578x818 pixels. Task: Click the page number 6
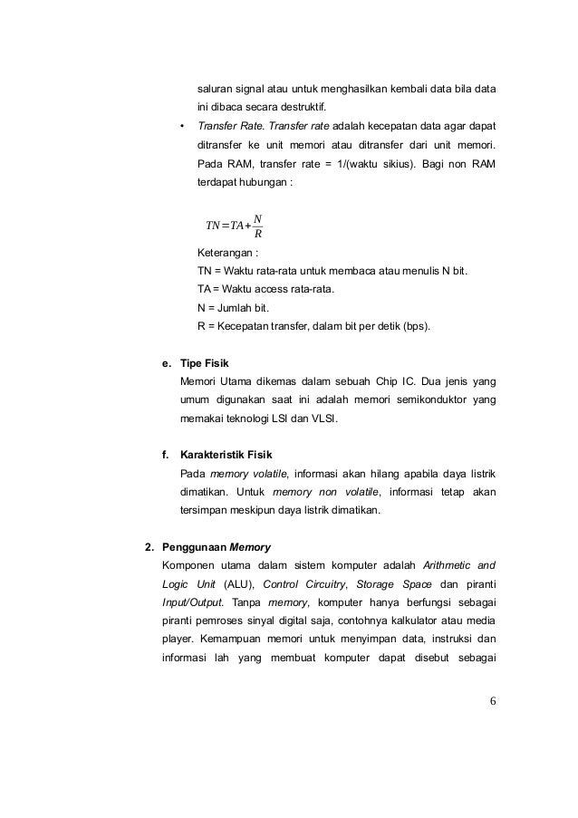point(494,699)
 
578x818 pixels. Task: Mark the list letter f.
point(165,452)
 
